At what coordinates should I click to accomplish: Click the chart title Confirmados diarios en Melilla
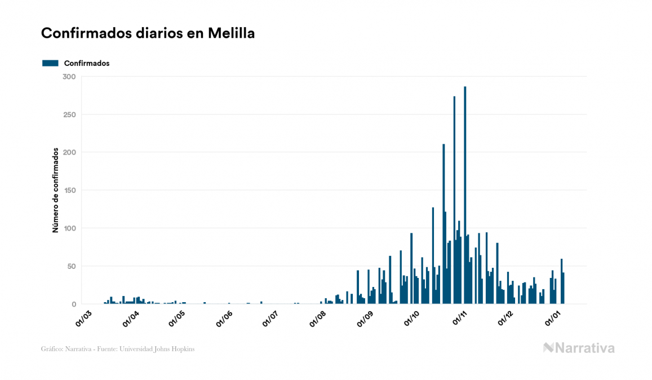pos(148,34)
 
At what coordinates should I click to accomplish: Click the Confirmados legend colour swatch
pos(50,63)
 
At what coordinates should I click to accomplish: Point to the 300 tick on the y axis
pos(69,77)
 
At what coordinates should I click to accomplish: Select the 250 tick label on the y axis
pos(69,114)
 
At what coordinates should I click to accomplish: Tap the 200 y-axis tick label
pos(69,152)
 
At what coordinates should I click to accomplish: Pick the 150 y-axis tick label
pos(69,191)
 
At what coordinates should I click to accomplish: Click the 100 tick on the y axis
pos(69,228)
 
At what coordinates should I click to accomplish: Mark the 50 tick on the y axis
pos(70,266)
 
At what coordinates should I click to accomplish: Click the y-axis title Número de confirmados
pos(55,191)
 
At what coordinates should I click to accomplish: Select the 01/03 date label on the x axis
pos(83,317)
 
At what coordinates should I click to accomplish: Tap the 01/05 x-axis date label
pos(177,317)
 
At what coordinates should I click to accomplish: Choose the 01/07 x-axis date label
pos(270,317)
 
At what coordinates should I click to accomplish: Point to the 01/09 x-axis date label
pos(365,317)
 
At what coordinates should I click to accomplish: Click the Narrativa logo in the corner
pos(579,348)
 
